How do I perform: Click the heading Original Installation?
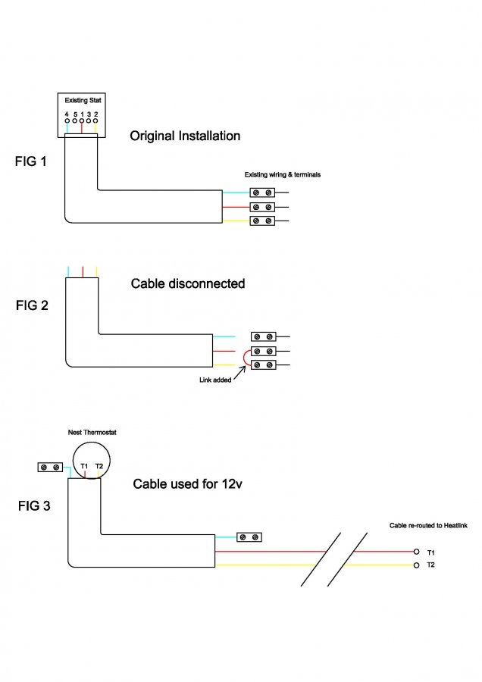point(185,136)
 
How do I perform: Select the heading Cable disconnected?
point(188,283)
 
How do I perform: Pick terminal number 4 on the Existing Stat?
point(67,114)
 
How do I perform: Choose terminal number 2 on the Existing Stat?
point(95,114)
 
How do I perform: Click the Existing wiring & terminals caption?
point(283,175)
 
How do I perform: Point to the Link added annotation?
point(210,380)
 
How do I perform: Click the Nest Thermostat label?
point(92,432)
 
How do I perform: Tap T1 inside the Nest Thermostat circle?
point(84,466)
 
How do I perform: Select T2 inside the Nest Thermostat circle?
point(99,466)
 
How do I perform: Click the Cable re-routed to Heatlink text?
point(421,525)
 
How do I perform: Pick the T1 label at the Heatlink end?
point(431,552)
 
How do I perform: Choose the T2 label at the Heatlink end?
point(431,565)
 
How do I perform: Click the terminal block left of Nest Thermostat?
point(50,468)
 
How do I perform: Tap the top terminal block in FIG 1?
point(262,192)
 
